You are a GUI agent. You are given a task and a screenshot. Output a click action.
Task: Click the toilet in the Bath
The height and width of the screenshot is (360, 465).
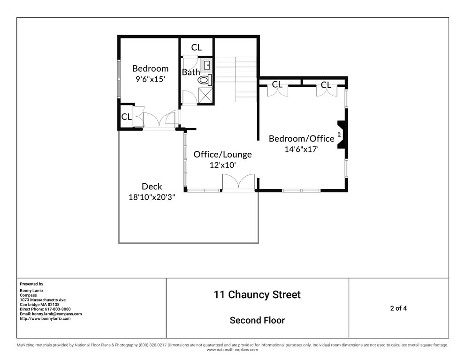(x=205, y=80)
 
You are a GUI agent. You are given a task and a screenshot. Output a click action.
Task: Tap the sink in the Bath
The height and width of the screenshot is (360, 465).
(x=207, y=65)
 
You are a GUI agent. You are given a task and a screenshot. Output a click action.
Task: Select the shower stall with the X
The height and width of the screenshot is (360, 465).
(x=205, y=96)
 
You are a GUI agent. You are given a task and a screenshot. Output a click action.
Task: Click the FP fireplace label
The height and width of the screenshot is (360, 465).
(x=340, y=135)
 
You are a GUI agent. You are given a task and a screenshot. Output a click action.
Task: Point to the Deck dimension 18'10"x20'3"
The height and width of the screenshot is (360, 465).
(x=152, y=197)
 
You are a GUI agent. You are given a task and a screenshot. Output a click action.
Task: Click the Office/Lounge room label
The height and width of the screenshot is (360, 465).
(x=222, y=154)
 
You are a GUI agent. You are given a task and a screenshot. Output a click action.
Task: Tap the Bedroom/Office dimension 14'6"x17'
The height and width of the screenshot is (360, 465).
(x=302, y=149)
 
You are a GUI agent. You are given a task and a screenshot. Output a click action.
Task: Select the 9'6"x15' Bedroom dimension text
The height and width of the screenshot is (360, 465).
(x=150, y=79)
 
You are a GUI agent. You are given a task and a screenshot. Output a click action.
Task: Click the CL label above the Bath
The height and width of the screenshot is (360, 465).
(x=196, y=47)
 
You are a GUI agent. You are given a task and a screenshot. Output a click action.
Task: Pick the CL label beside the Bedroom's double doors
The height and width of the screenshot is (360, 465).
(x=126, y=117)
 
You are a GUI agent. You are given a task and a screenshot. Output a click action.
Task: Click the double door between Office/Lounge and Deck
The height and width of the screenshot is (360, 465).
(x=238, y=183)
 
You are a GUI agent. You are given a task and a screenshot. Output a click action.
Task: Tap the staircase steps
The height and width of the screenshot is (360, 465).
(x=236, y=79)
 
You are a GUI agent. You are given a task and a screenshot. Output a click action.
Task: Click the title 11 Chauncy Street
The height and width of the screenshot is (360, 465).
(x=257, y=295)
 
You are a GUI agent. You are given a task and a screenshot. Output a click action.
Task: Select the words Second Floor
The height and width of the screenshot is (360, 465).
(x=257, y=320)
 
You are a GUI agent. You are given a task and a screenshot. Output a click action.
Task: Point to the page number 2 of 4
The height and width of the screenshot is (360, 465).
(x=398, y=308)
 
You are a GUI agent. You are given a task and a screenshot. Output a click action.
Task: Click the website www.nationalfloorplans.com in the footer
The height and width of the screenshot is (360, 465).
(x=232, y=350)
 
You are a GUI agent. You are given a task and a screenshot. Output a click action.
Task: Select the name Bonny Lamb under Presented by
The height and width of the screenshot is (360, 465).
(x=31, y=290)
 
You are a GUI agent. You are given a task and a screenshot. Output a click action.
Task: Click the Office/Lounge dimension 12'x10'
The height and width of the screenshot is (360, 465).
(x=222, y=165)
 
